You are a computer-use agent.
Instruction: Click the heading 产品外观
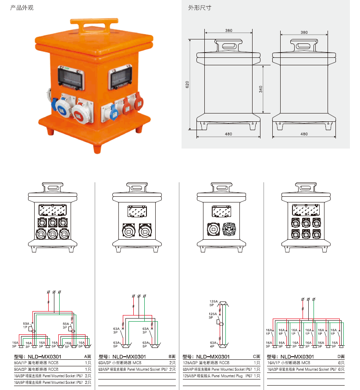pyautogui.click(x=22, y=8)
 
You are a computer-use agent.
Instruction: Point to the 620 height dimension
pyautogui.click(x=187, y=85)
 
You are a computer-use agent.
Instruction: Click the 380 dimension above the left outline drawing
pyautogui.click(x=228, y=31)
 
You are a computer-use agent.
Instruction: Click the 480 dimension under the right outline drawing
pyautogui.click(x=304, y=134)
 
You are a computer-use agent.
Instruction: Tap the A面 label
pyautogui.click(x=88, y=357)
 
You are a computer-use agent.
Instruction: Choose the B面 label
pyautogui.click(x=172, y=357)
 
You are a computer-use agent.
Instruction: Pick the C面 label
pyautogui.click(x=257, y=357)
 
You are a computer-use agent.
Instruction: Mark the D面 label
pyautogui.click(x=341, y=357)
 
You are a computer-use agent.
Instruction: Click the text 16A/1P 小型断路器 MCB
pyautogui.click(x=290, y=363)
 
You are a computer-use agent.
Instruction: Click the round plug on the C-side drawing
pyautogui.click(x=230, y=230)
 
